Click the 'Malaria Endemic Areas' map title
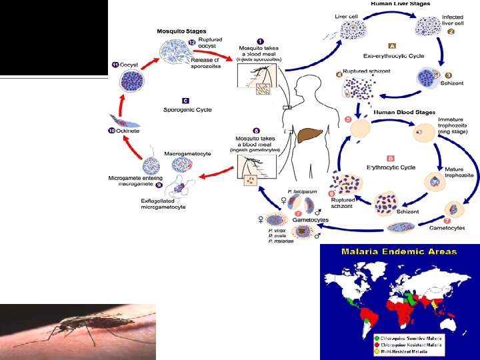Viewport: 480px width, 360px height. (x=399, y=251)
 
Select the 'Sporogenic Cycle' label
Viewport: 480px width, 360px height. (x=188, y=109)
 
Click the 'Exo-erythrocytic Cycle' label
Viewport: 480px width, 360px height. (x=389, y=56)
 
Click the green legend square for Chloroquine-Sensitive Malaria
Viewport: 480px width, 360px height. (x=378, y=337)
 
